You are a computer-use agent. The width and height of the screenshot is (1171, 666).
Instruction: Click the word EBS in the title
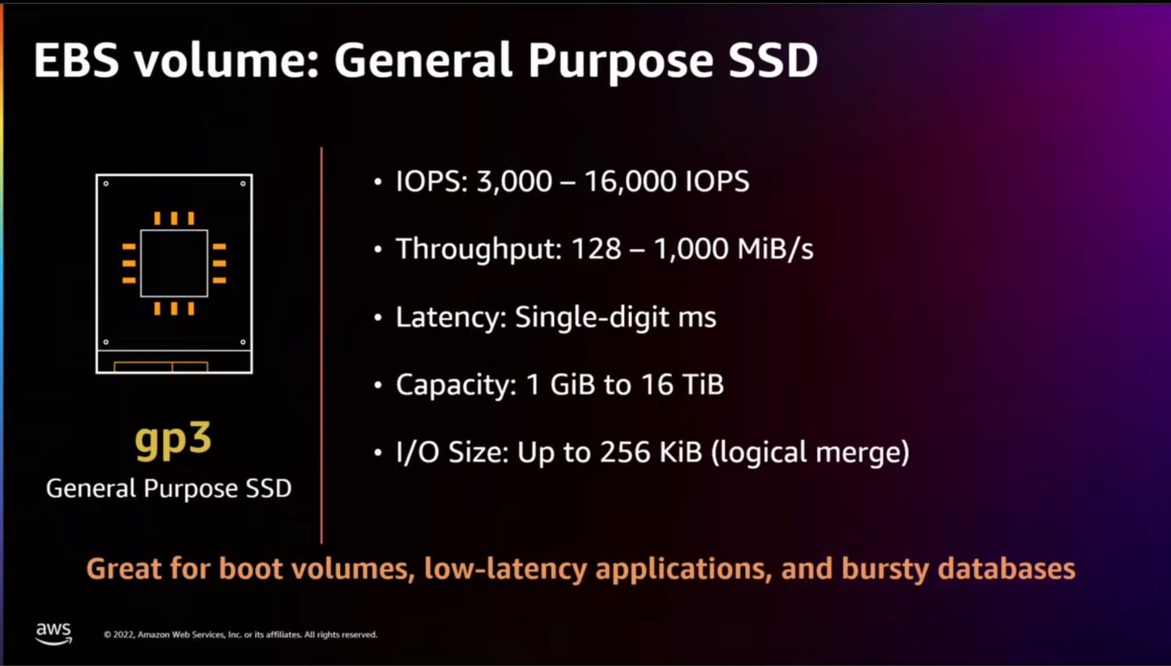[76, 60]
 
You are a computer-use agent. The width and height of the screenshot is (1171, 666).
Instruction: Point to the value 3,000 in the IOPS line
[514, 181]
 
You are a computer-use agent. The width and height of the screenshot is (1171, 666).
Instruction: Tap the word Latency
[451, 317]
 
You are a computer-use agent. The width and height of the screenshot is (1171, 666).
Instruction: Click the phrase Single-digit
[591, 317]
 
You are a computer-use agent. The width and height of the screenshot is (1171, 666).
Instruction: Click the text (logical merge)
[810, 453]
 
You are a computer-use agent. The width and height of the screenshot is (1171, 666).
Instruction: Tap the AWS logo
[54, 633]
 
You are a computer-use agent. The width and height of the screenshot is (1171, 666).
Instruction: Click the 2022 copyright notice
[240, 635]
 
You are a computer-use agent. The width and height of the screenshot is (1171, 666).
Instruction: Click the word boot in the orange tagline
[250, 568]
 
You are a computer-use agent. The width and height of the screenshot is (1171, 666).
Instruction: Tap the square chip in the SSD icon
[174, 263]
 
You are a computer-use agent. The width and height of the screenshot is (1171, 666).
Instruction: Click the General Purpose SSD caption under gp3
[169, 488]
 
